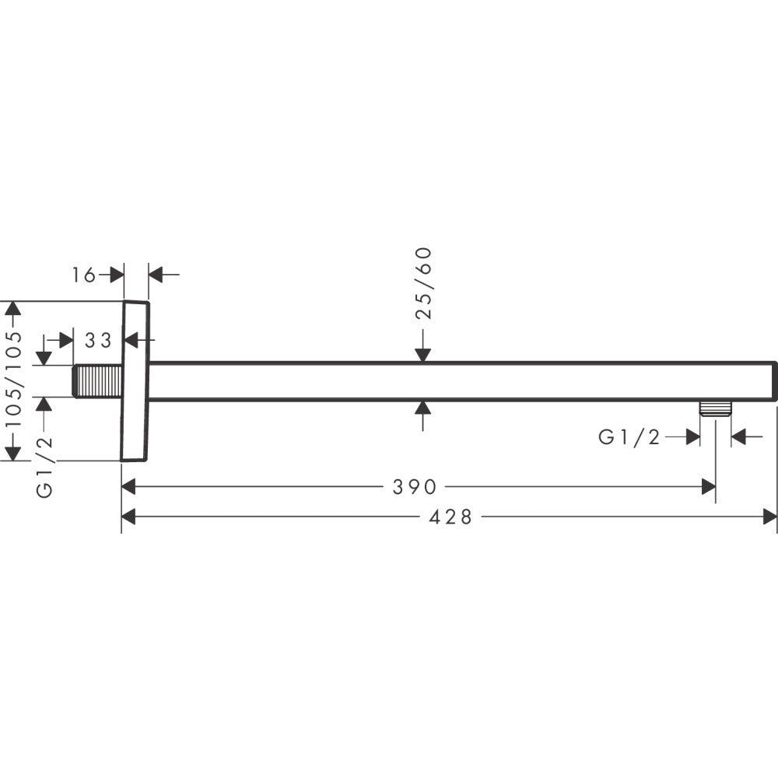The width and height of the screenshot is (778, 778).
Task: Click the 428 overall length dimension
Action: tap(451, 517)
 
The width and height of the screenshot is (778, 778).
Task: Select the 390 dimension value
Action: tap(414, 487)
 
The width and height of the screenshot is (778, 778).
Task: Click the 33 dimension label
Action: tap(99, 340)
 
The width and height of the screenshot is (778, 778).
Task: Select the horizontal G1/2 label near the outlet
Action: tap(629, 437)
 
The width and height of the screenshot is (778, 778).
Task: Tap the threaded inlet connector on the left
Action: tap(98, 381)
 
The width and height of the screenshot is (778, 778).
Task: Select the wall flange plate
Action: tap(135, 381)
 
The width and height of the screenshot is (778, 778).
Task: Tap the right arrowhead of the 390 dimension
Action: tap(708, 487)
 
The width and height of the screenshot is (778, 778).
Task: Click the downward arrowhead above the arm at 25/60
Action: tap(422, 354)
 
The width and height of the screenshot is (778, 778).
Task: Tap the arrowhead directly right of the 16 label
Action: tap(117, 275)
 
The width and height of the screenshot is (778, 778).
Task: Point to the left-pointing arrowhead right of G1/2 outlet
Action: tap(739, 437)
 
